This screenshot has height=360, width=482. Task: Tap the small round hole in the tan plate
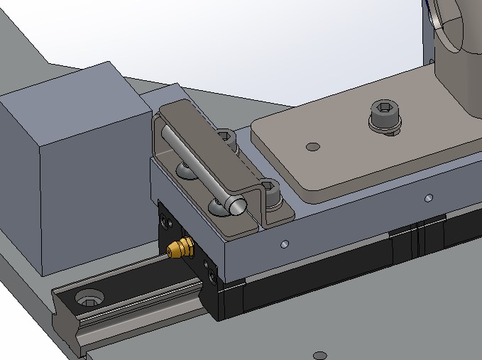(312, 148)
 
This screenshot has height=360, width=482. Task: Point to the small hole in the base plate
(320, 354)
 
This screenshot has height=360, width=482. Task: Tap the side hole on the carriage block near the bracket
(285, 244)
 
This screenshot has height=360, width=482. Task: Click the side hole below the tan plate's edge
(428, 197)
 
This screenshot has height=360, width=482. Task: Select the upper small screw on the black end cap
(167, 222)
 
